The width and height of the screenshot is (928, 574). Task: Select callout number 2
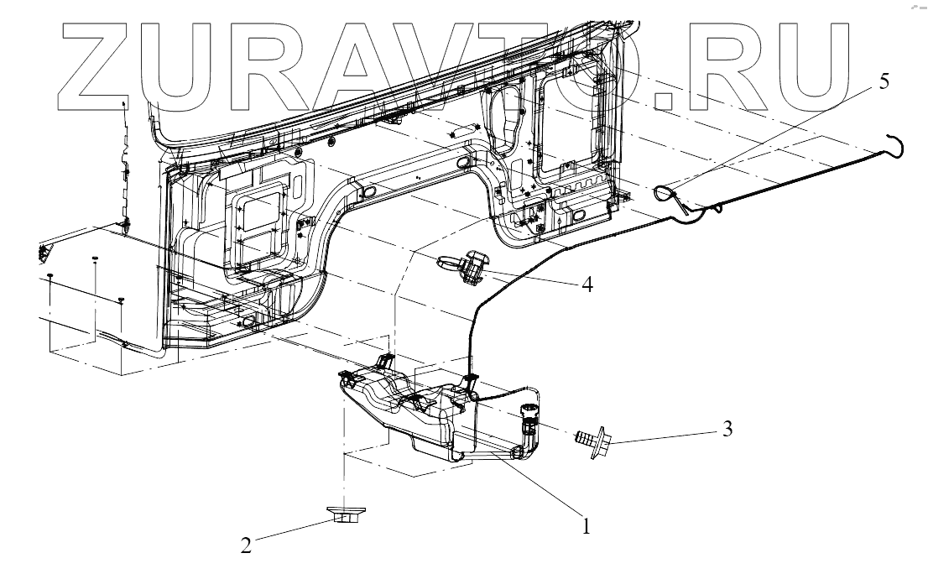(x=246, y=545)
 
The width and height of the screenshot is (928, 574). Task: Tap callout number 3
(x=727, y=430)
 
